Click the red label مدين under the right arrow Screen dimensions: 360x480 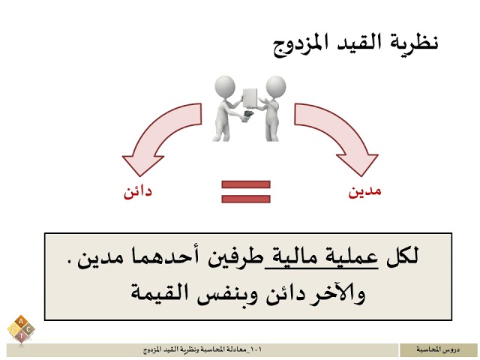(365, 190)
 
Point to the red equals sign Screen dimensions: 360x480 (244, 190)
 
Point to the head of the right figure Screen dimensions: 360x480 (274, 85)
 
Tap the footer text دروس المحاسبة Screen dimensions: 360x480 (438, 350)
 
